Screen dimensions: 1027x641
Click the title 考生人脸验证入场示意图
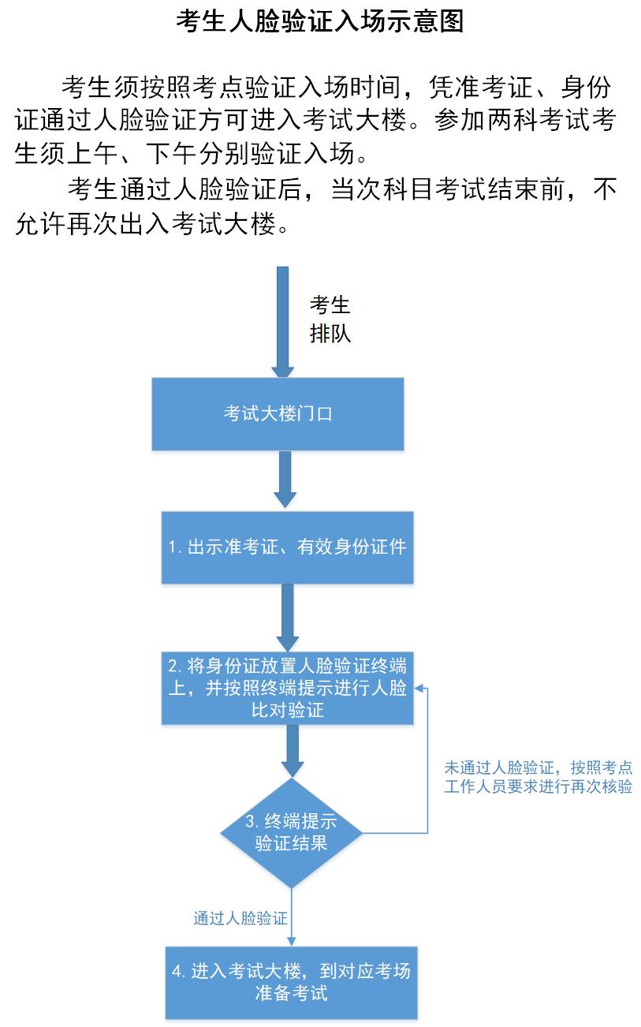[319, 21]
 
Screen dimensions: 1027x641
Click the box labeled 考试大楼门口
[278, 413]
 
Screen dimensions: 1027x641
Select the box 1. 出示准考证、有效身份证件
[287, 547]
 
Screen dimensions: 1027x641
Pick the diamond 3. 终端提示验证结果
[291, 832]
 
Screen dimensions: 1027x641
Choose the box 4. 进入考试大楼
[291, 981]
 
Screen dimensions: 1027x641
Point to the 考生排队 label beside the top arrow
[330, 319]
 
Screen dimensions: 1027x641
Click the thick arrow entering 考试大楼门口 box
[281, 323]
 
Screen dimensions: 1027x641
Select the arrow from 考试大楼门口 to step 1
[285, 480]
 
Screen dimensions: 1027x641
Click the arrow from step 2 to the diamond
[293, 751]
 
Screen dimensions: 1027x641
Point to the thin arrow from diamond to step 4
[292, 915]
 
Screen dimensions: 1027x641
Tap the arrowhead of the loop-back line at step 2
[420, 688]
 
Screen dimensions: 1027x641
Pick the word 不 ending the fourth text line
[605, 189]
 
